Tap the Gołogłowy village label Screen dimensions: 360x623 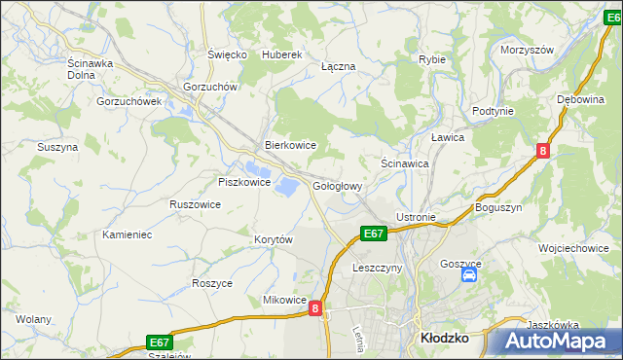pos(338,186)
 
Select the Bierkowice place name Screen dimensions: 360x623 pos(291,145)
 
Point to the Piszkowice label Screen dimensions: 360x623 pos(242,182)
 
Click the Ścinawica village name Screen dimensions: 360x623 pos(405,164)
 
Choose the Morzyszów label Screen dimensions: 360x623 pos(527,50)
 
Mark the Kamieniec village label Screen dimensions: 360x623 pos(128,234)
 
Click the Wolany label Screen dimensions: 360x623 pos(33,319)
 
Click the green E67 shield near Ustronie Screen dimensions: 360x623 pos(374,234)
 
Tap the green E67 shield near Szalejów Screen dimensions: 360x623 pos(160,342)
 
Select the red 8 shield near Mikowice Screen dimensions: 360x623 pos(315,308)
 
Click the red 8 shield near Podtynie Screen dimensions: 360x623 pos(543,150)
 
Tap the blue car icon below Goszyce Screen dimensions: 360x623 pos(468,275)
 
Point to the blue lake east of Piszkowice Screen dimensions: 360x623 pos(287,184)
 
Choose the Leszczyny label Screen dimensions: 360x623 pos(377,268)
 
